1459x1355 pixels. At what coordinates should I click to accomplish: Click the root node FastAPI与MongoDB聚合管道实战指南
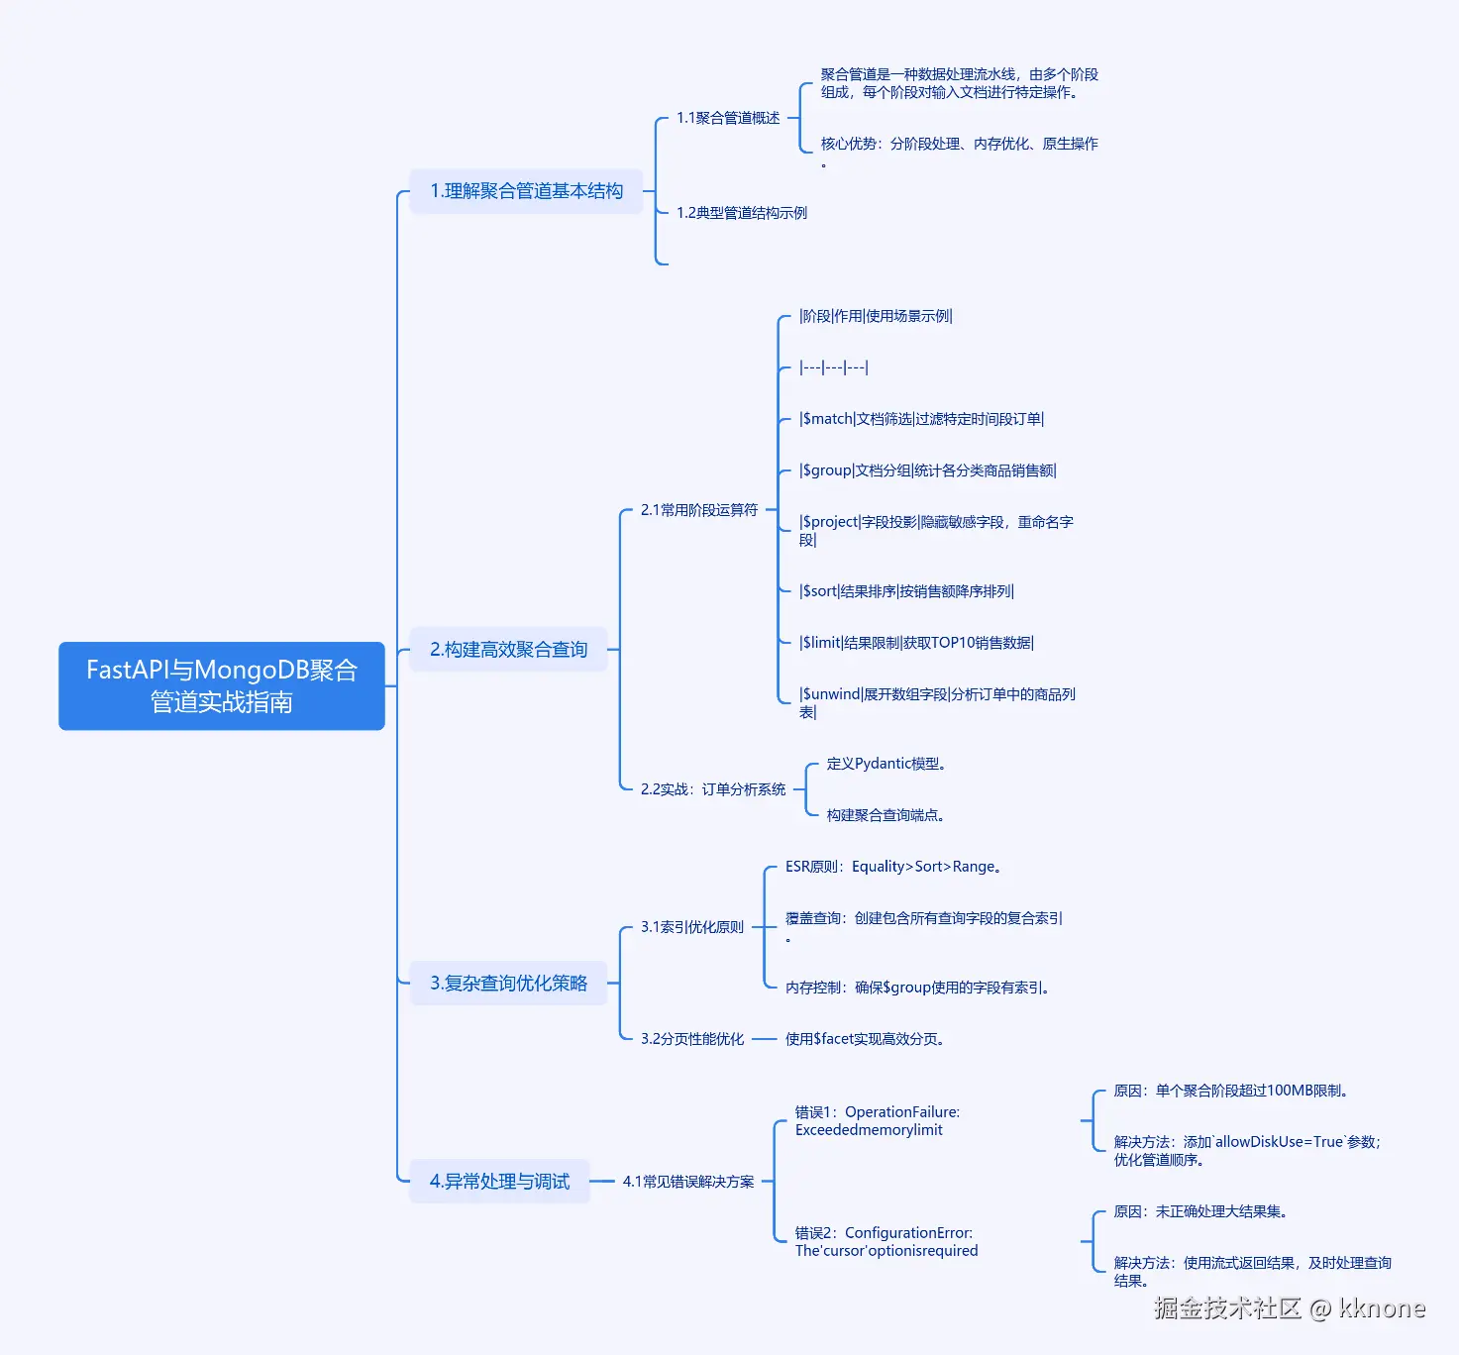pos(221,685)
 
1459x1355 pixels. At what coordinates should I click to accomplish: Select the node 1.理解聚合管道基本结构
pos(526,191)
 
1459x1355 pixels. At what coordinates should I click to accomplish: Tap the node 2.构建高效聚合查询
pos(508,650)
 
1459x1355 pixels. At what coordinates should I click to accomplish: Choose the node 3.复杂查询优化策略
pos(508,984)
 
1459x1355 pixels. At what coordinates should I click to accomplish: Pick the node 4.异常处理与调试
pos(499,1181)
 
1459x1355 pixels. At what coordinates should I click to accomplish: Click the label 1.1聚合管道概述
pos(728,118)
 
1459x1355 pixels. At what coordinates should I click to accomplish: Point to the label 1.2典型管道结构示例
pos(742,213)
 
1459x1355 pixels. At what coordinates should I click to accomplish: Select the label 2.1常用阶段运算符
pos(699,510)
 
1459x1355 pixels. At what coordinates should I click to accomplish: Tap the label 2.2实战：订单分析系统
pos(713,789)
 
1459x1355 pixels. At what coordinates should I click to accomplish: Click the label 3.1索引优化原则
pos(692,927)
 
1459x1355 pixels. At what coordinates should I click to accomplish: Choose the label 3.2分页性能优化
pos(692,1039)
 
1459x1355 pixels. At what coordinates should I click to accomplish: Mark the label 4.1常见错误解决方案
pos(688,1182)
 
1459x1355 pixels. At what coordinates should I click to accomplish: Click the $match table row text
pos(921,419)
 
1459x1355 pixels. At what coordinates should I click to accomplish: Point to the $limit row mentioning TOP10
pos(916,643)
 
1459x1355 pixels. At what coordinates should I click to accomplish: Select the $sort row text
pos(906,591)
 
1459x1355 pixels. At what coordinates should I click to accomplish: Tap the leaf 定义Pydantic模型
pos(886,765)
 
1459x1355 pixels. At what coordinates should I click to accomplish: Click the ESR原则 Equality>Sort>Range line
pos(892,867)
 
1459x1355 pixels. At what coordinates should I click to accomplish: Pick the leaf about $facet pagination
pos(864,1039)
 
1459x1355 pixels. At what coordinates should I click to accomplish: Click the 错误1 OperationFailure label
pos(878,1121)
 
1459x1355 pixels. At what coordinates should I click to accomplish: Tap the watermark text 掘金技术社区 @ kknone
pos(1290,1308)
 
